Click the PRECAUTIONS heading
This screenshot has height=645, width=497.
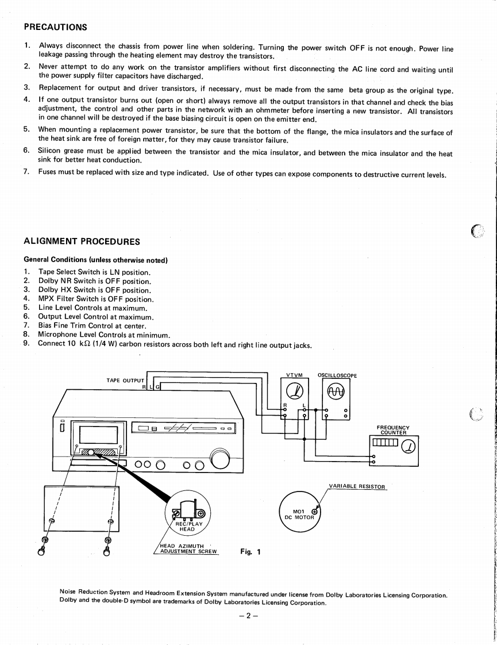55,27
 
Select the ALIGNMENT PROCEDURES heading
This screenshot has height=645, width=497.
82,241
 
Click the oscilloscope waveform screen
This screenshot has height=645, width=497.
335,392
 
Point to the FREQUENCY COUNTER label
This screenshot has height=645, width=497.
393,430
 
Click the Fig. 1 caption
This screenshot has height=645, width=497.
250,552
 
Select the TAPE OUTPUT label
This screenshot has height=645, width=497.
125,380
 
